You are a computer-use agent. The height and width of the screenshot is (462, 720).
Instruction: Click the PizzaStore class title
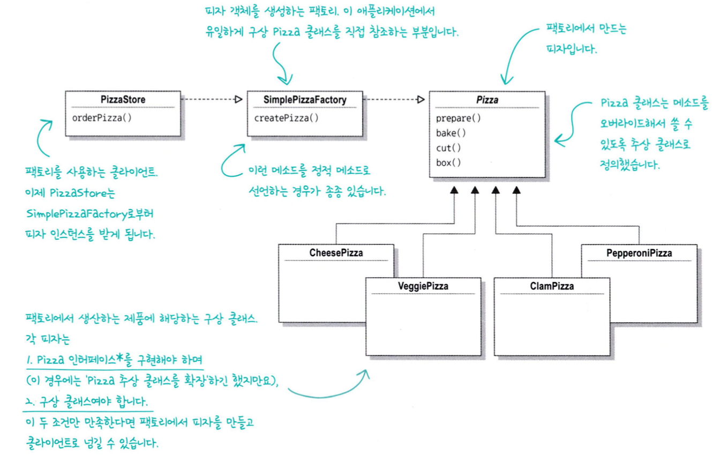click(123, 100)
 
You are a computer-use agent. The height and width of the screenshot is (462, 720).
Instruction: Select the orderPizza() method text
click(101, 117)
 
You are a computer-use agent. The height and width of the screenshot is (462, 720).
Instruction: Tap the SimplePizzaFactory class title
click(305, 100)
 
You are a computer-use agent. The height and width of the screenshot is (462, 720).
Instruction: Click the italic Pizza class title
click(487, 100)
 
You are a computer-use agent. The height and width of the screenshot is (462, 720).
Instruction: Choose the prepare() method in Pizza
click(459, 118)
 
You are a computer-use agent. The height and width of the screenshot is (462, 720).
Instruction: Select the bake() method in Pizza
click(451, 133)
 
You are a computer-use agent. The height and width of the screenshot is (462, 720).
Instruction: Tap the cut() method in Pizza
click(449, 148)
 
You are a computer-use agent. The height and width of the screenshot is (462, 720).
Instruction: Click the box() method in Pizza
click(449, 162)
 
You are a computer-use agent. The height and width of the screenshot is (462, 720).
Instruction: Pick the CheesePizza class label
click(336, 253)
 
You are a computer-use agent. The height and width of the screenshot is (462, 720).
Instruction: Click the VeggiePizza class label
click(423, 286)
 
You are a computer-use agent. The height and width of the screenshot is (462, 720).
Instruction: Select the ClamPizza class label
click(552, 286)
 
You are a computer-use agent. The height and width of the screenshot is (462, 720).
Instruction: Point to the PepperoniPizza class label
click(640, 253)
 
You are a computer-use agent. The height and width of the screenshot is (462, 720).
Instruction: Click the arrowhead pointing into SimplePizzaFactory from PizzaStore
click(239, 99)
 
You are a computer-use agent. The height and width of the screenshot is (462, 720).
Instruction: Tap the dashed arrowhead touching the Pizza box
click(421, 99)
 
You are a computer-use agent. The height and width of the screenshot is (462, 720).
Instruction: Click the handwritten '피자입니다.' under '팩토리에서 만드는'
click(569, 49)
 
